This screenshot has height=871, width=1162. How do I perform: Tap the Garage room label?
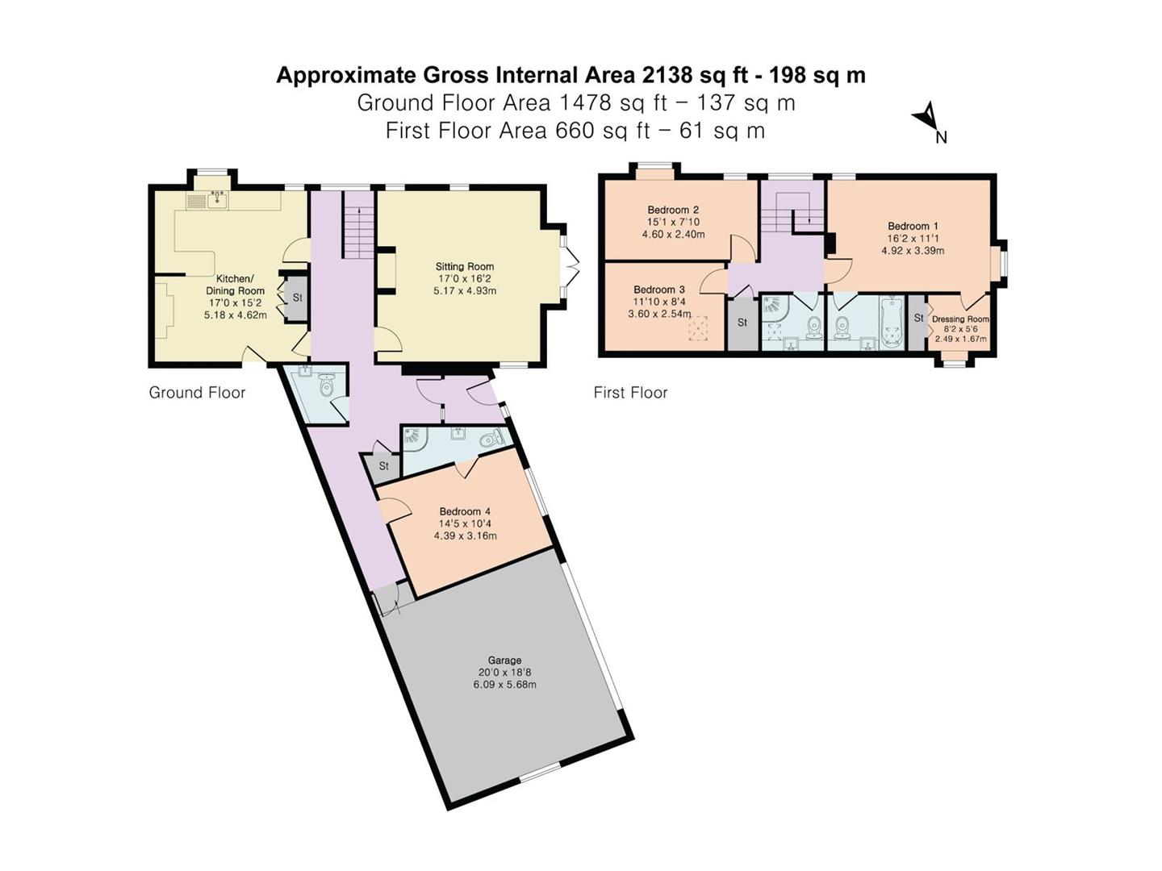(504, 660)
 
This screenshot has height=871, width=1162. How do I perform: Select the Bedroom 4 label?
(465, 511)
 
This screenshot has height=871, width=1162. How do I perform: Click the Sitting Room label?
(465, 266)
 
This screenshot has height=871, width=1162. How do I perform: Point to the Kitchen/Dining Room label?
(235, 285)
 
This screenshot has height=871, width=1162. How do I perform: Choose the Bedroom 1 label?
(913, 227)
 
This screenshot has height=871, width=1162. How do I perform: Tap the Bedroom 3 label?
(659, 290)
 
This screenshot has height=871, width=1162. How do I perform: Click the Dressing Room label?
(960, 319)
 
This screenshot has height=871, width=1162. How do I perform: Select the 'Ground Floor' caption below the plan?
(197, 393)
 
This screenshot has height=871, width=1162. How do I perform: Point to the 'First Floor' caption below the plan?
(630, 393)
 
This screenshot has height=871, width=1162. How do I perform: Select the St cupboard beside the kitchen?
(296, 298)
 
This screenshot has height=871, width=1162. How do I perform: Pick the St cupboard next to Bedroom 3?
(742, 323)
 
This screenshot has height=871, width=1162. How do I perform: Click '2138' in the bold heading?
(667, 75)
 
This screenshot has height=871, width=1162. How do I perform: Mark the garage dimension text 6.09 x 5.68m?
(504, 685)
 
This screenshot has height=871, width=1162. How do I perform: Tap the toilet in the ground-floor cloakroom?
(326, 387)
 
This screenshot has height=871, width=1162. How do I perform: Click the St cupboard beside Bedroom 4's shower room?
(384, 466)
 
